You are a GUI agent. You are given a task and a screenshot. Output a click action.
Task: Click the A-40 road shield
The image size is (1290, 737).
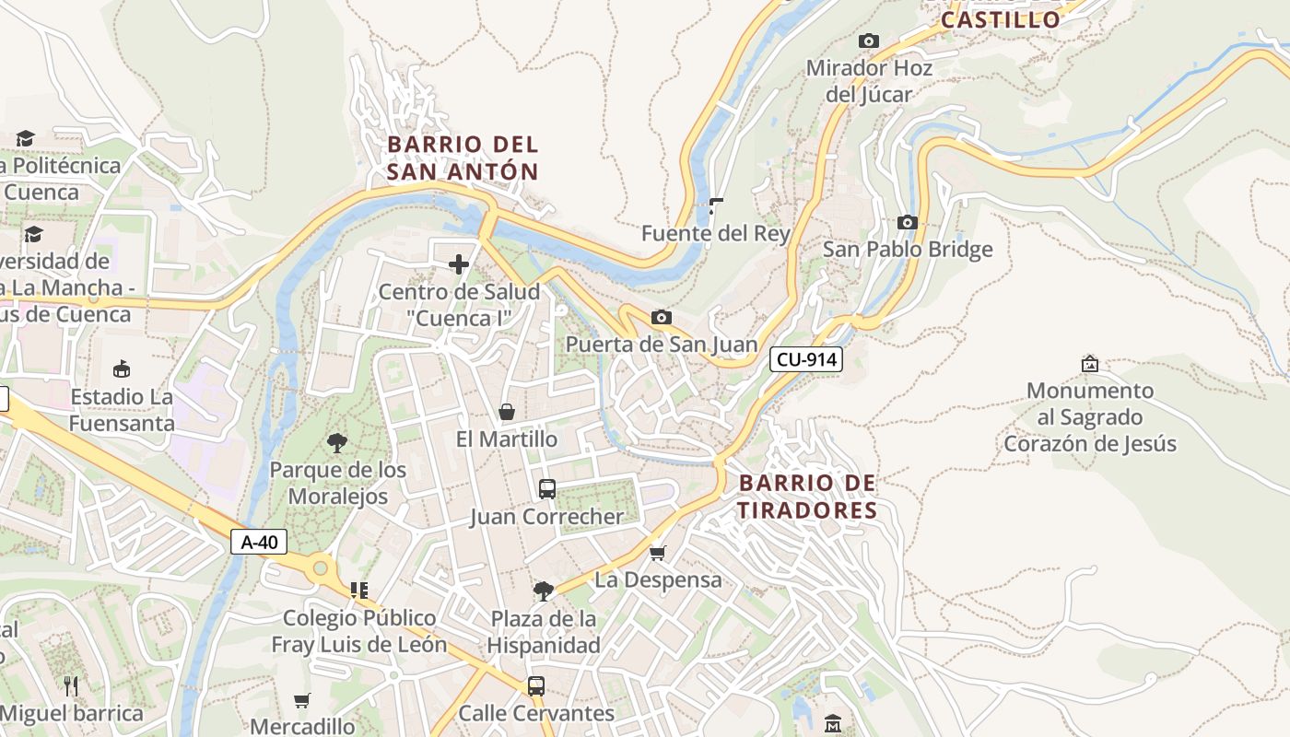[258, 542]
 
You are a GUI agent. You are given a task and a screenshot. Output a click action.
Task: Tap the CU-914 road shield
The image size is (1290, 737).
[806, 359]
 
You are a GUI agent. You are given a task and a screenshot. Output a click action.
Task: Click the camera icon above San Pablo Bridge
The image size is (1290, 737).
[908, 223]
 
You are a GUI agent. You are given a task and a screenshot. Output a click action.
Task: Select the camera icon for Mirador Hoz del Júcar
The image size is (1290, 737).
[868, 41]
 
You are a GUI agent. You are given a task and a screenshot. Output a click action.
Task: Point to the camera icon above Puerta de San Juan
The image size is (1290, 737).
[661, 318]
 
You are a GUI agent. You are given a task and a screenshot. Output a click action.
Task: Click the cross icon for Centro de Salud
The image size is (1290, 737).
[458, 265]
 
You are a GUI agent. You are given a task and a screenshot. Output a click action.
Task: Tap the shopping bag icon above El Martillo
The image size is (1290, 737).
[506, 412]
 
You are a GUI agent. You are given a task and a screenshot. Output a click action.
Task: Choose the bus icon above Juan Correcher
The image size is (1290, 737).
[546, 489]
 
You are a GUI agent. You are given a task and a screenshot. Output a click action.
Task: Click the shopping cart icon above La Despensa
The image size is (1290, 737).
[657, 553]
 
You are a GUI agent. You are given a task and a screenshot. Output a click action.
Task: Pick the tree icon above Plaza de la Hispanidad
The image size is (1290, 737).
[544, 591]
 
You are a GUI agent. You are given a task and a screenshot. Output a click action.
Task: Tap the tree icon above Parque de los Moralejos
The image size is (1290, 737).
[337, 442]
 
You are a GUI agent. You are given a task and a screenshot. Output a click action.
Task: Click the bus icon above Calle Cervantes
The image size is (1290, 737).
[535, 686]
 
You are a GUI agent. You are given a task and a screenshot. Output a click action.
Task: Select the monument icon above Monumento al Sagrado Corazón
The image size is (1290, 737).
[1090, 364]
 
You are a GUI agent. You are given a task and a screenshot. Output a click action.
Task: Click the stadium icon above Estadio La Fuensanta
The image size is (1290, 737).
[121, 369]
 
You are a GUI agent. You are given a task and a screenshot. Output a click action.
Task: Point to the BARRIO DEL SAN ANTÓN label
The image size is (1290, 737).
[463, 158]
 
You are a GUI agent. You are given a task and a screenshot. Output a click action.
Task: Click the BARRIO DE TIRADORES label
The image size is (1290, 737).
[808, 497]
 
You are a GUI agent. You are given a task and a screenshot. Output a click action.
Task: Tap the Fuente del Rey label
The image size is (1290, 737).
[716, 234]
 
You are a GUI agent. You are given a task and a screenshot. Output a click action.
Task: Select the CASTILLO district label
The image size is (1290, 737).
[1001, 19]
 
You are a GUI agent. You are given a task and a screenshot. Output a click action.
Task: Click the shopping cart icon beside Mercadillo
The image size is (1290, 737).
[301, 701]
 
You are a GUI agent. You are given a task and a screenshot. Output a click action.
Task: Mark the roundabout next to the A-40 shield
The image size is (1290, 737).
[320, 567]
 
